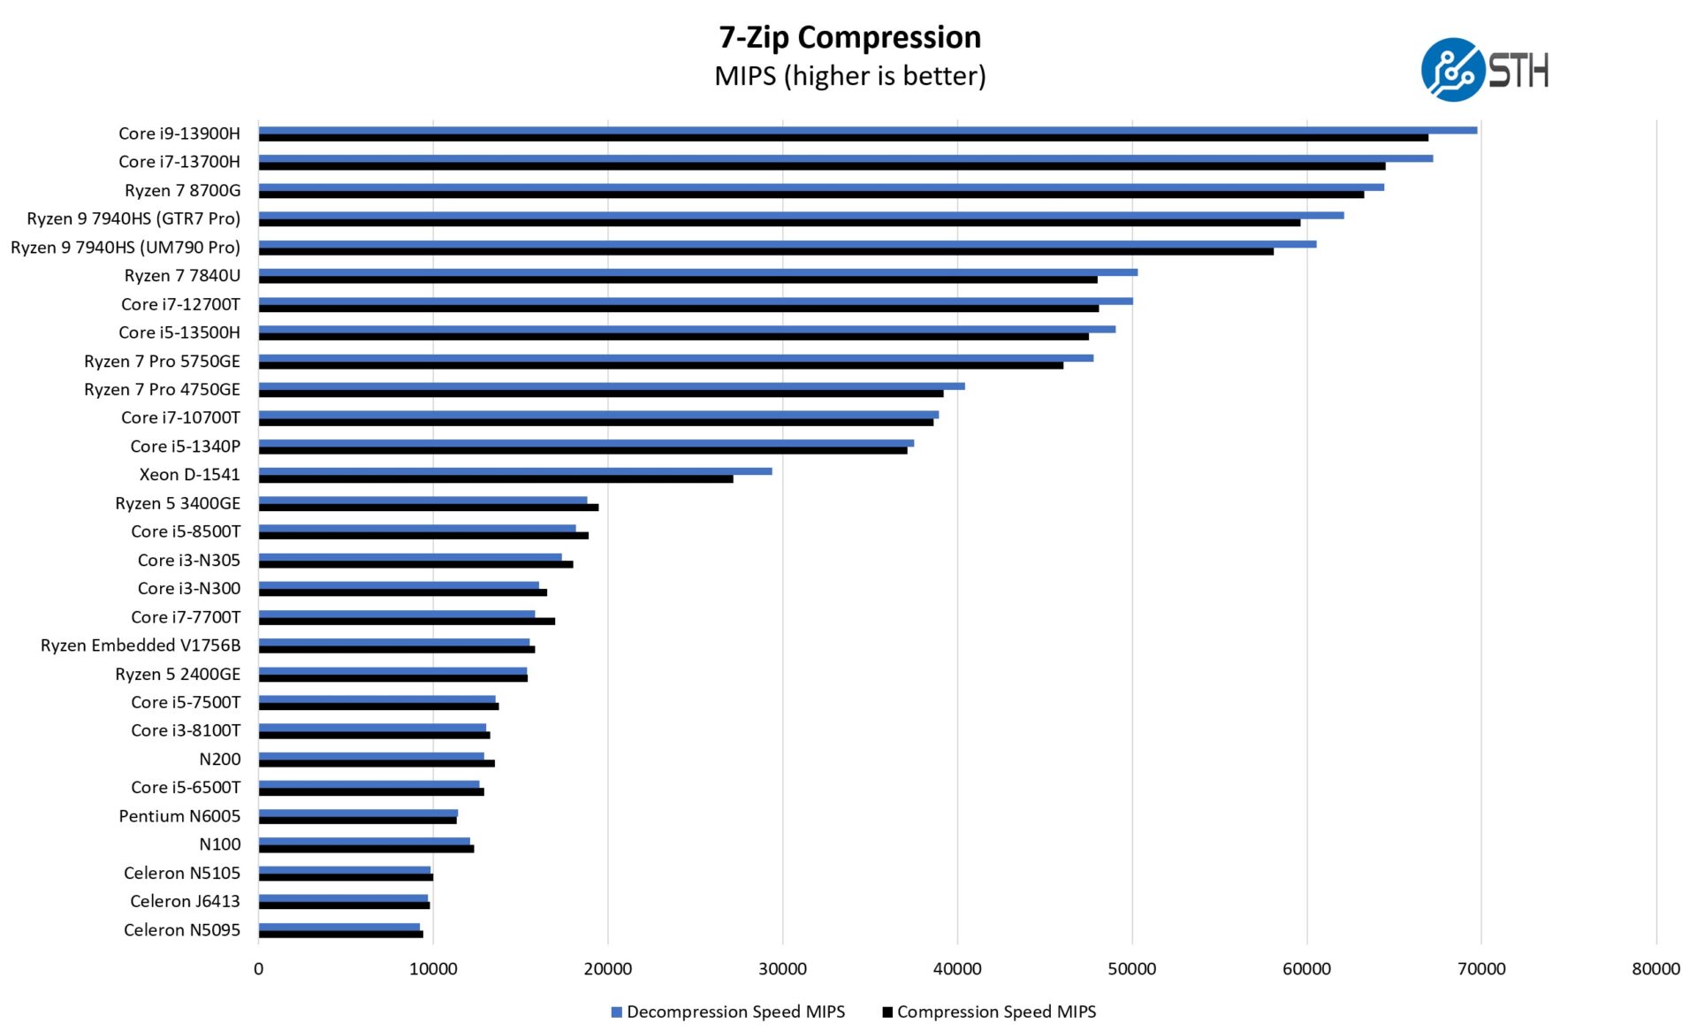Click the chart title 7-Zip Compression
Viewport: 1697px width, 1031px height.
849,37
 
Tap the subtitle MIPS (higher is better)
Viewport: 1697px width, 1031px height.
849,76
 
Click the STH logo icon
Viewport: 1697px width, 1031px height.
1452,70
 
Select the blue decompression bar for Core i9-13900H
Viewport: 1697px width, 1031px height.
866,130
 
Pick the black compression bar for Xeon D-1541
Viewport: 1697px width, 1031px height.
495,479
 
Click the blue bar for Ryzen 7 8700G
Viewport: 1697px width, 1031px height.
820,187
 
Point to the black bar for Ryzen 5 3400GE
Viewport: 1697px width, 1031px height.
428,508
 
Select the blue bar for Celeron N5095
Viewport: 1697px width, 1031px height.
339,927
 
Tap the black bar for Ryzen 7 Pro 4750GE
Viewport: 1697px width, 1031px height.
600,393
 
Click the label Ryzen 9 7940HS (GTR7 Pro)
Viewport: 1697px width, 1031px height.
133,218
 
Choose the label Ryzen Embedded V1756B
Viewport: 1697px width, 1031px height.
141,645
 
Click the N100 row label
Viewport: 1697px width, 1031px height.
219,844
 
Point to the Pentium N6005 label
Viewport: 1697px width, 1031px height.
179,816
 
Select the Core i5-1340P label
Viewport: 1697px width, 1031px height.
185,447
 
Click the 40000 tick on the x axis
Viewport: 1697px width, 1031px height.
957,969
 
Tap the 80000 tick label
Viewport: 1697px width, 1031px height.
1655,969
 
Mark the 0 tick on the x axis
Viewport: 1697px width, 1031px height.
258,969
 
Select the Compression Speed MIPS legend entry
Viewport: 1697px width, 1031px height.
989,1012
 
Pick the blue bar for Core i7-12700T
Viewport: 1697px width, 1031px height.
695,301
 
